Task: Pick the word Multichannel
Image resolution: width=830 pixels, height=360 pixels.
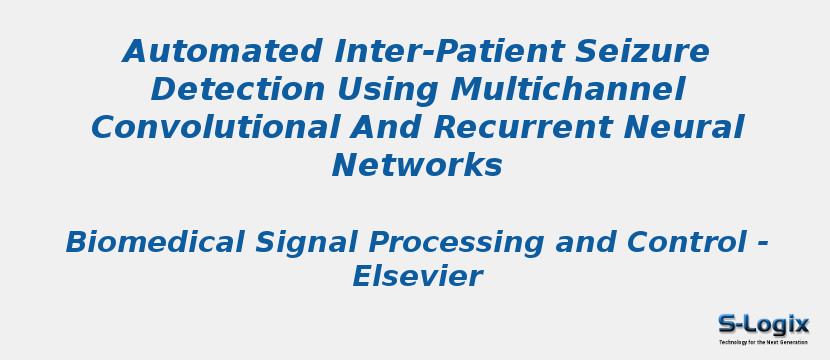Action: coord(567,90)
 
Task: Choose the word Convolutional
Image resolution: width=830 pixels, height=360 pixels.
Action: coord(204,128)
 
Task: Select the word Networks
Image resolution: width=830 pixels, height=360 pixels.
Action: coord(416,166)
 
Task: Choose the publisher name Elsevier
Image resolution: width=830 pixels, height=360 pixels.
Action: coord(416,277)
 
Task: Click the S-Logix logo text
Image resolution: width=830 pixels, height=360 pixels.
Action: coord(763,324)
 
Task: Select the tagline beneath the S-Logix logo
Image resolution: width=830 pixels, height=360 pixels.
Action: coord(763,342)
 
